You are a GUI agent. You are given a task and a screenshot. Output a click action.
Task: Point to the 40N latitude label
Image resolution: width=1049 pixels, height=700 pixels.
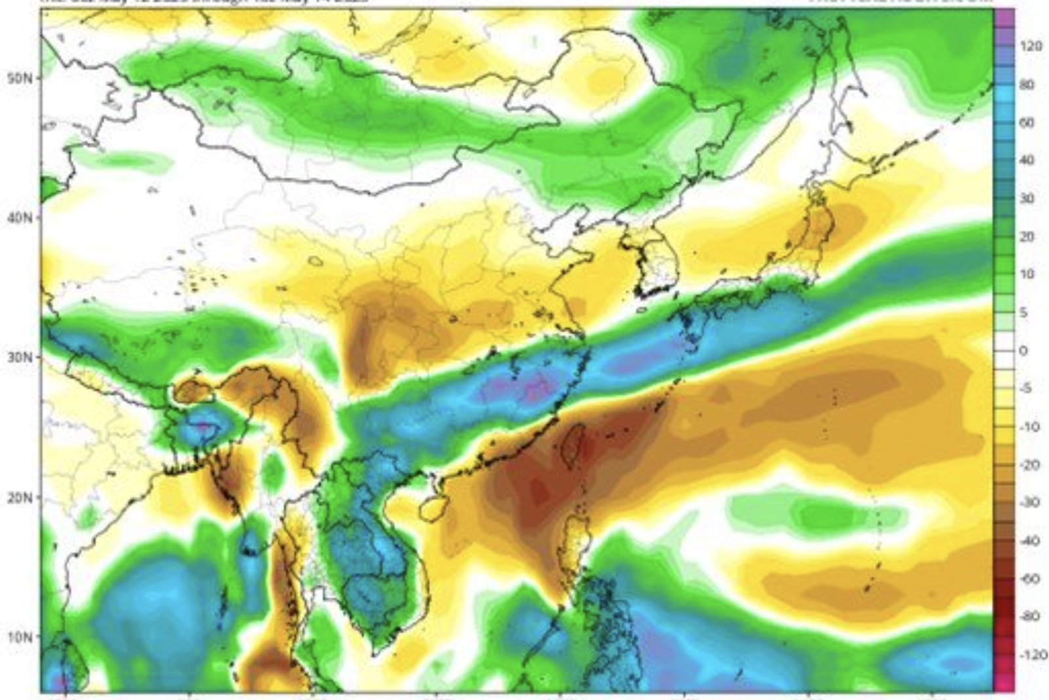pyautogui.click(x=19, y=217)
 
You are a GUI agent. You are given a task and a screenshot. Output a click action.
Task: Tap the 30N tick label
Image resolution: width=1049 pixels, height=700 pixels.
pyautogui.click(x=19, y=358)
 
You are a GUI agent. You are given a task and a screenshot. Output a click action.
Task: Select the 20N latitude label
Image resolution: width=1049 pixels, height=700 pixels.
pyautogui.click(x=19, y=498)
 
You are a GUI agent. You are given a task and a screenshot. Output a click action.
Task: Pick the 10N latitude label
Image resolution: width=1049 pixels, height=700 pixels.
pyautogui.click(x=19, y=637)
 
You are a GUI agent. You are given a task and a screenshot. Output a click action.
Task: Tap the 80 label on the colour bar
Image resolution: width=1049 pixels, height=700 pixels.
pyautogui.click(x=1027, y=85)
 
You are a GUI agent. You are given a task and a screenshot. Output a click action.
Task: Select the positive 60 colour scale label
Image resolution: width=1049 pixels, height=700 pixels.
pyautogui.click(x=1027, y=123)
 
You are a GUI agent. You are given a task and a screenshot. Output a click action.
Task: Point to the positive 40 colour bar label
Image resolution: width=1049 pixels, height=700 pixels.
pyautogui.click(x=1027, y=161)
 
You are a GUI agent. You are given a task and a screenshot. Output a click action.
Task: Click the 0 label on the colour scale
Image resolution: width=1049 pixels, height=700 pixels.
pyautogui.click(x=1023, y=351)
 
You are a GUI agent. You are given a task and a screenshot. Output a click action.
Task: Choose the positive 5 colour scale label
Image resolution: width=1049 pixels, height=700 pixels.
pyautogui.click(x=1023, y=313)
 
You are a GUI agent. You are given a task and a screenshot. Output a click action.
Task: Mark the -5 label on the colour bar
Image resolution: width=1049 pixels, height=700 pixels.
pyautogui.click(x=1025, y=388)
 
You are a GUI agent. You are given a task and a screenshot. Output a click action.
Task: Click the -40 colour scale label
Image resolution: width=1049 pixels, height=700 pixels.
pyautogui.click(x=1029, y=541)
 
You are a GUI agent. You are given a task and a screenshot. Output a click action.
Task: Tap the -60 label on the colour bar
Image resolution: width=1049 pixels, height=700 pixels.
pyautogui.click(x=1029, y=579)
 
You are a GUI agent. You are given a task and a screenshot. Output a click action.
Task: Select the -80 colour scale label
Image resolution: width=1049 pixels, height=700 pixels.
pyautogui.click(x=1029, y=617)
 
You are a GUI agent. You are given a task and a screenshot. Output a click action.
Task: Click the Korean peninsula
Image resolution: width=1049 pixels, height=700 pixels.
pyautogui.click(x=656, y=262)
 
